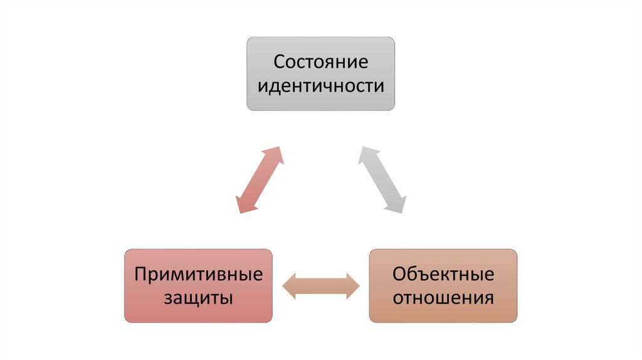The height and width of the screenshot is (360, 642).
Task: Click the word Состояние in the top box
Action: tap(320, 63)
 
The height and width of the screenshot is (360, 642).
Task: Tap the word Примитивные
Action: tap(199, 275)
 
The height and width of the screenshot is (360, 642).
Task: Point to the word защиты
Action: tap(199, 297)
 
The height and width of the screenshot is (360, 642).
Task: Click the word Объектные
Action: tap(443, 275)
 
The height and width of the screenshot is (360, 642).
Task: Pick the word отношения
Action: tap(443, 297)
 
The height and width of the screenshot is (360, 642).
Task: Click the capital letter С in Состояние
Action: tap(278, 63)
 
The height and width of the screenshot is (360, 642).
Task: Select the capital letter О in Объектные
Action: tap(399, 275)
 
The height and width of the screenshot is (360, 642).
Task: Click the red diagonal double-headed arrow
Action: tap(260, 180)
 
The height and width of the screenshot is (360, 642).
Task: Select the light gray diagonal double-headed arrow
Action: tap(382, 180)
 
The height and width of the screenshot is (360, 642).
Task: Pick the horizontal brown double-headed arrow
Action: tap(320, 286)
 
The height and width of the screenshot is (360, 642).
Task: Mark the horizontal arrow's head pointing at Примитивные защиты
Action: tap(290, 286)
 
